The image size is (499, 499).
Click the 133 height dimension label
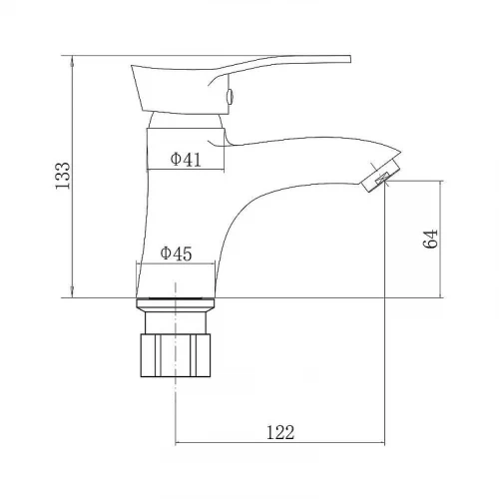(x=63, y=176)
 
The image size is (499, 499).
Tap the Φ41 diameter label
(x=186, y=160)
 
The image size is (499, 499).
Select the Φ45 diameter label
(x=177, y=253)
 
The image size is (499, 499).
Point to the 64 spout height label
(x=430, y=239)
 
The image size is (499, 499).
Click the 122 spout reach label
(x=280, y=432)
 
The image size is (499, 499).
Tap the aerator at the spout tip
(x=380, y=177)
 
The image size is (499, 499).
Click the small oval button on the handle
(x=230, y=97)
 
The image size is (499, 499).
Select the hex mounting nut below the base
(x=176, y=355)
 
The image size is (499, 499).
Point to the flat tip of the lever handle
(x=350, y=59)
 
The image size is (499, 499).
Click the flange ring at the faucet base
(x=176, y=304)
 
